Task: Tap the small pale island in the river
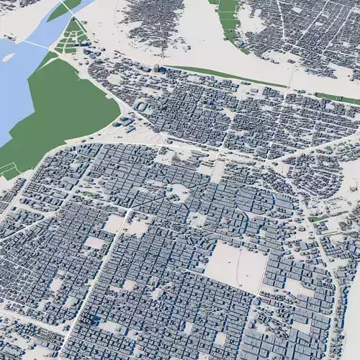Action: pos(9,55)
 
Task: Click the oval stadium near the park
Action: pos(142,106)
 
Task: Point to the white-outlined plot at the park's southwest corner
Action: pos(9,171)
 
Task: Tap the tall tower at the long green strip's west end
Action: pos(156,68)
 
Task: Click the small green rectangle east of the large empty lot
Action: pos(317,218)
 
